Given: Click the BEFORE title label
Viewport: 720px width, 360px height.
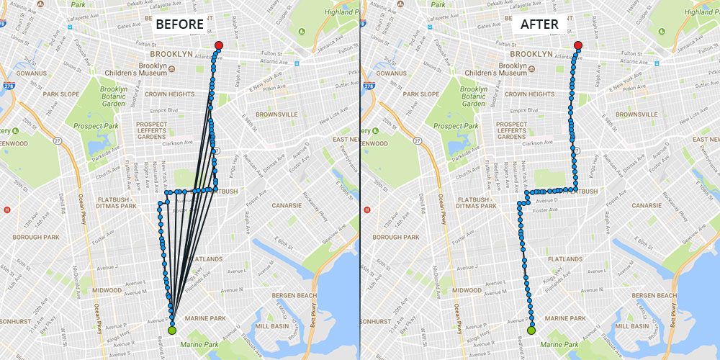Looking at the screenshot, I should tap(179, 24).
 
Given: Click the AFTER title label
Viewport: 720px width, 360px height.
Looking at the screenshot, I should tap(539, 24).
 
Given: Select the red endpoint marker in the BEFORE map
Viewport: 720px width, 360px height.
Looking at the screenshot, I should tap(219, 46).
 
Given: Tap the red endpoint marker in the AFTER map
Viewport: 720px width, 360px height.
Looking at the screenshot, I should tap(578, 46).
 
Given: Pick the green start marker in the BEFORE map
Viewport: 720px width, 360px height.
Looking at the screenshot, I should tap(171, 330).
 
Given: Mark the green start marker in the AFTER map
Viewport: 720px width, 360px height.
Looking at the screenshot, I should tap(531, 330).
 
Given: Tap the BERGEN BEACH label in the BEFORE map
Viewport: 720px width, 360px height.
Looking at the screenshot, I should tap(294, 296).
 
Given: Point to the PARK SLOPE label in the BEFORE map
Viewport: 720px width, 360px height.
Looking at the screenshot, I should tap(60, 94).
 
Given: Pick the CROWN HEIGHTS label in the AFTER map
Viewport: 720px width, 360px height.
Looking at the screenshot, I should tap(530, 94).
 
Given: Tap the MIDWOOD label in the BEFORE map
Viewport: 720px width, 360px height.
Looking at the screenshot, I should tap(107, 290).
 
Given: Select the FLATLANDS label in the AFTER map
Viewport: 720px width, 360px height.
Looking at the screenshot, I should tap(564, 258).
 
